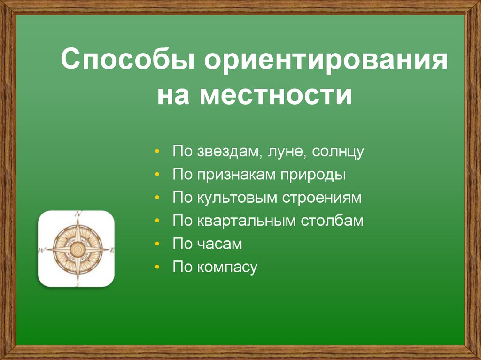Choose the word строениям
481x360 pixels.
coord(322,198)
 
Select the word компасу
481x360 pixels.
coord(227,268)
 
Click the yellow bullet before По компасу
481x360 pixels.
coord(157,268)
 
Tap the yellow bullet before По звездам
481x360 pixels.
coord(157,152)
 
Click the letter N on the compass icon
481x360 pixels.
coord(78,214)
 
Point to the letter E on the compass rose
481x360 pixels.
coord(112,250)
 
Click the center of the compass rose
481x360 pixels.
coord(77,249)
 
